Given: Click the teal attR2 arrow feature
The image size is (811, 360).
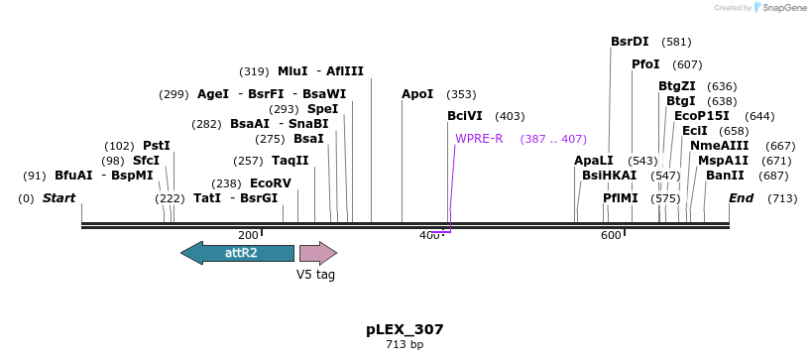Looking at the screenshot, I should pyautogui.click(x=237, y=253).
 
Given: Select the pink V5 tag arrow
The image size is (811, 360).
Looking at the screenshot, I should pyautogui.click(x=317, y=253).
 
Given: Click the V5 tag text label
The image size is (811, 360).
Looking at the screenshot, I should pyautogui.click(x=316, y=275).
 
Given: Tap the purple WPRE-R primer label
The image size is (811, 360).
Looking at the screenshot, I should pyautogui.click(x=479, y=138).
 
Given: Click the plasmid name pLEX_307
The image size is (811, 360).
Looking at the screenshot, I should pyautogui.click(x=404, y=328).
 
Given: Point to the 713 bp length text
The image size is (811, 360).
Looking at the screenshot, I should pyautogui.click(x=404, y=344).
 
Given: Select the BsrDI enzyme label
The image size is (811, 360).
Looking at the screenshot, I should pyautogui.click(x=630, y=42).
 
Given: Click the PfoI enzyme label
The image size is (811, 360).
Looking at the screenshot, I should pyautogui.click(x=645, y=64).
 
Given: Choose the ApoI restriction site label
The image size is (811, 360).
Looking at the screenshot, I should pyautogui.click(x=417, y=94).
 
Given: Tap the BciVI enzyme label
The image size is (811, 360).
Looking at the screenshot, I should pyautogui.click(x=465, y=116).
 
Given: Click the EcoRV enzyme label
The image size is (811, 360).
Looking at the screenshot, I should pyautogui.click(x=271, y=183).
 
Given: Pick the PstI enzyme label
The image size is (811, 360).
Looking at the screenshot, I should pyautogui.click(x=157, y=146).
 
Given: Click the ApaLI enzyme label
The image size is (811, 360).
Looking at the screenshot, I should pyautogui.click(x=594, y=160).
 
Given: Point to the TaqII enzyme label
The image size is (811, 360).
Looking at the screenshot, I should pyautogui.click(x=290, y=161).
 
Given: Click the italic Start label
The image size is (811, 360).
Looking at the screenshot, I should pyautogui.click(x=58, y=198).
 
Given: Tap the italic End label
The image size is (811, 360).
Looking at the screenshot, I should pyautogui.click(x=742, y=198).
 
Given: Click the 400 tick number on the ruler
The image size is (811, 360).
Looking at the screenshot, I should pyautogui.click(x=428, y=235).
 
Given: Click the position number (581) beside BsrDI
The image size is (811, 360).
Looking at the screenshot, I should pyautogui.click(x=676, y=42).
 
